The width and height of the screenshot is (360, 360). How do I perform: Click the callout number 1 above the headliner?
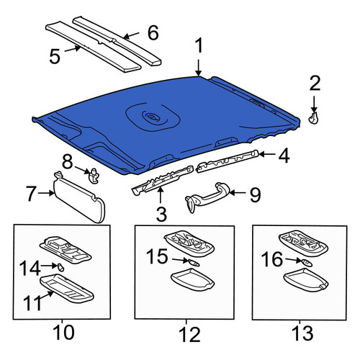199,46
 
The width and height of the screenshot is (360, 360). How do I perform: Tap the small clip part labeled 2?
313,118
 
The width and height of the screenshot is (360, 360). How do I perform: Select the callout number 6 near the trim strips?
153,32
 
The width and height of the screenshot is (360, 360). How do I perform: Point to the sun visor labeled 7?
79,197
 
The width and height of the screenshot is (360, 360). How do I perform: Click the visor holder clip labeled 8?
94,176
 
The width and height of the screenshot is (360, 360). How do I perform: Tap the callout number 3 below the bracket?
161,215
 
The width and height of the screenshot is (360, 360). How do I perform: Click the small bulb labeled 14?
60,267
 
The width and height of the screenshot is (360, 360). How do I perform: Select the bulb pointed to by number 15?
194,263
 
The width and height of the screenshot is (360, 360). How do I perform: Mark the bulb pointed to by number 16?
307,262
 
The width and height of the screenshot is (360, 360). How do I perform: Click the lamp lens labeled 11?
66,288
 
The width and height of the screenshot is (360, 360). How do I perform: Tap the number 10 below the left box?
63,333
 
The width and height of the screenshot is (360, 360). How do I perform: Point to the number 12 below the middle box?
189,334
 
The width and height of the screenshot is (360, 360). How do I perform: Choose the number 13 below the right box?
302,333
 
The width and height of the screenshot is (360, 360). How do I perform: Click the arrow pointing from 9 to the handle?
238,192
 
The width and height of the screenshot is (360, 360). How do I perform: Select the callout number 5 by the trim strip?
55,57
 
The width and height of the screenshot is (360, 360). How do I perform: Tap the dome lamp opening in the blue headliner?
153,117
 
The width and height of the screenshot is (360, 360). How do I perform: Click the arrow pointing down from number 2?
314,104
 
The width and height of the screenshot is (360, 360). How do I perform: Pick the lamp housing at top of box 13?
303,243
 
